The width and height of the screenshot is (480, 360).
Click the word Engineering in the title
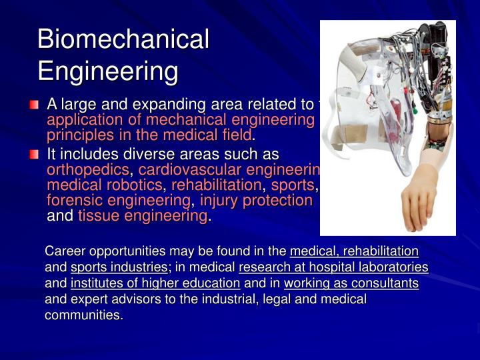pos(108,71)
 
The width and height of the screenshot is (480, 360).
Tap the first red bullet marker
pos(34,105)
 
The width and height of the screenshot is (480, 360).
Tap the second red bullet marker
pos(34,155)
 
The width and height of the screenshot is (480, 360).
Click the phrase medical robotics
pos(105,185)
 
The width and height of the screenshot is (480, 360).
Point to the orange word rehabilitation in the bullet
pos(217,185)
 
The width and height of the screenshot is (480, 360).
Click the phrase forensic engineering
pos(118,201)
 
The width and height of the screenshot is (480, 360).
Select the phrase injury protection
pos(256,201)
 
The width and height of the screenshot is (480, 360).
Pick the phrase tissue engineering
pos(143,216)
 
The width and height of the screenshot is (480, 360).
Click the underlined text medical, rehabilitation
pos(354,251)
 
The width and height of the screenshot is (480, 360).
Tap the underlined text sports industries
pos(119,267)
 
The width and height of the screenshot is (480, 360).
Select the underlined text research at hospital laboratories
pos(333,267)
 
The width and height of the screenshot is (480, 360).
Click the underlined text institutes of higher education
pos(155,283)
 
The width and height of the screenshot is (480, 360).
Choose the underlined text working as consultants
pos(351,283)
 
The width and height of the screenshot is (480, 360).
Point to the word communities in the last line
pos(83,315)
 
